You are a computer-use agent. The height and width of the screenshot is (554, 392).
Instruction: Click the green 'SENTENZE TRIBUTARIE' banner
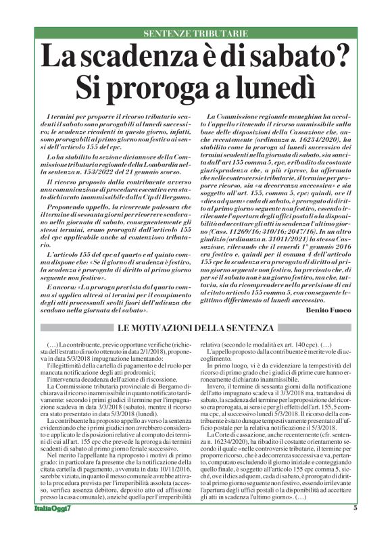[195, 33]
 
